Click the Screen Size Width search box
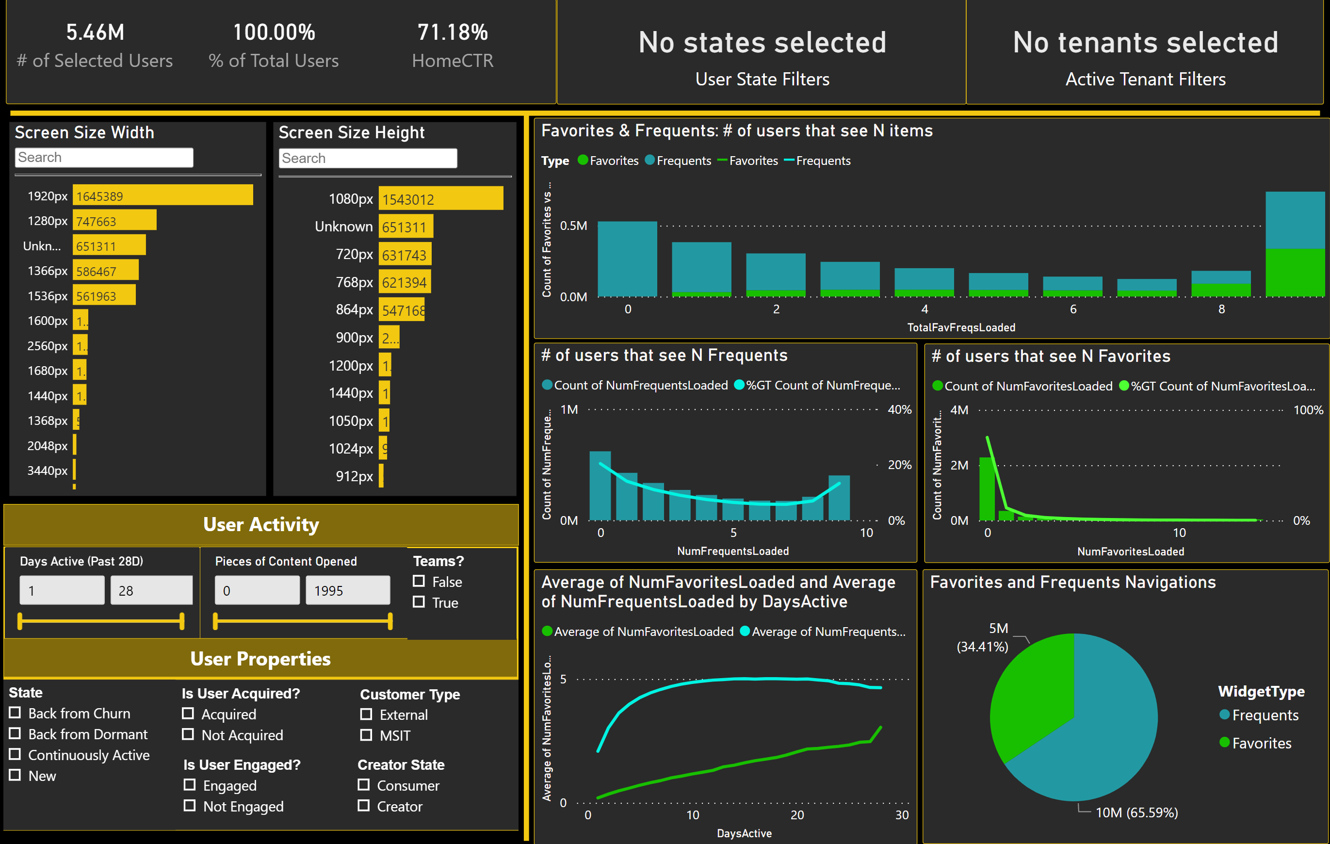[104, 158]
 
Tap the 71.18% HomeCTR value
[453, 32]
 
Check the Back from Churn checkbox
[15, 713]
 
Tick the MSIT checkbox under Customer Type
[366, 735]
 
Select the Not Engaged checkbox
[190, 806]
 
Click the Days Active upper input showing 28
[151, 590]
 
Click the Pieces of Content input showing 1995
[347, 590]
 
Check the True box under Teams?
[419, 602]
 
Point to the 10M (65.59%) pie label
[1136, 812]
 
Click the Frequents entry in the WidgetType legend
[1264, 715]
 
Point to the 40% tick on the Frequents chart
[899, 410]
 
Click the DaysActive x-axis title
[744, 833]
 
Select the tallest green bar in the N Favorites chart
[987, 489]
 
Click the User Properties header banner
[260, 659]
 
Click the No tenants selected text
[1145, 43]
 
